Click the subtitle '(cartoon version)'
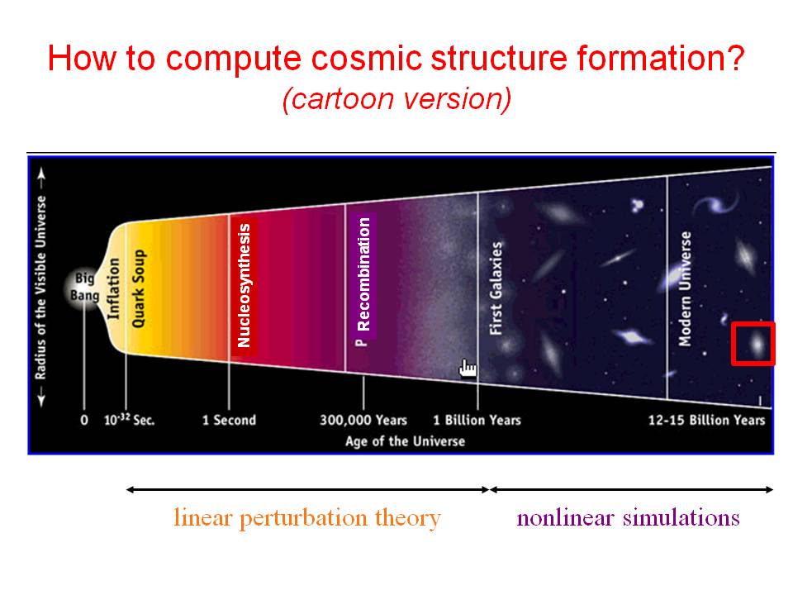tap(396, 98)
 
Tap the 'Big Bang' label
tap(84, 287)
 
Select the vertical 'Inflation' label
tap(114, 289)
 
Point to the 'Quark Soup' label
tap(138, 288)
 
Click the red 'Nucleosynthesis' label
tap(245, 285)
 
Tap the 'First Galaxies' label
tap(496, 288)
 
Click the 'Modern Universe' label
tap(685, 289)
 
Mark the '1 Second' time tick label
tap(229, 420)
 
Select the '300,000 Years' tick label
tap(363, 420)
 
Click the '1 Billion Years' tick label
tap(477, 420)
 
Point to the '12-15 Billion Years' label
tap(706, 420)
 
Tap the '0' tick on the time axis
tap(84, 421)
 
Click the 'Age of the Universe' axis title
tap(405, 441)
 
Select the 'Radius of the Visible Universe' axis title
tap(40, 288)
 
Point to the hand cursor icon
tap(468, 369)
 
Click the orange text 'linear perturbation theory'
tap(307, 518)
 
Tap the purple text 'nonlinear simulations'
tap(628, 517)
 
